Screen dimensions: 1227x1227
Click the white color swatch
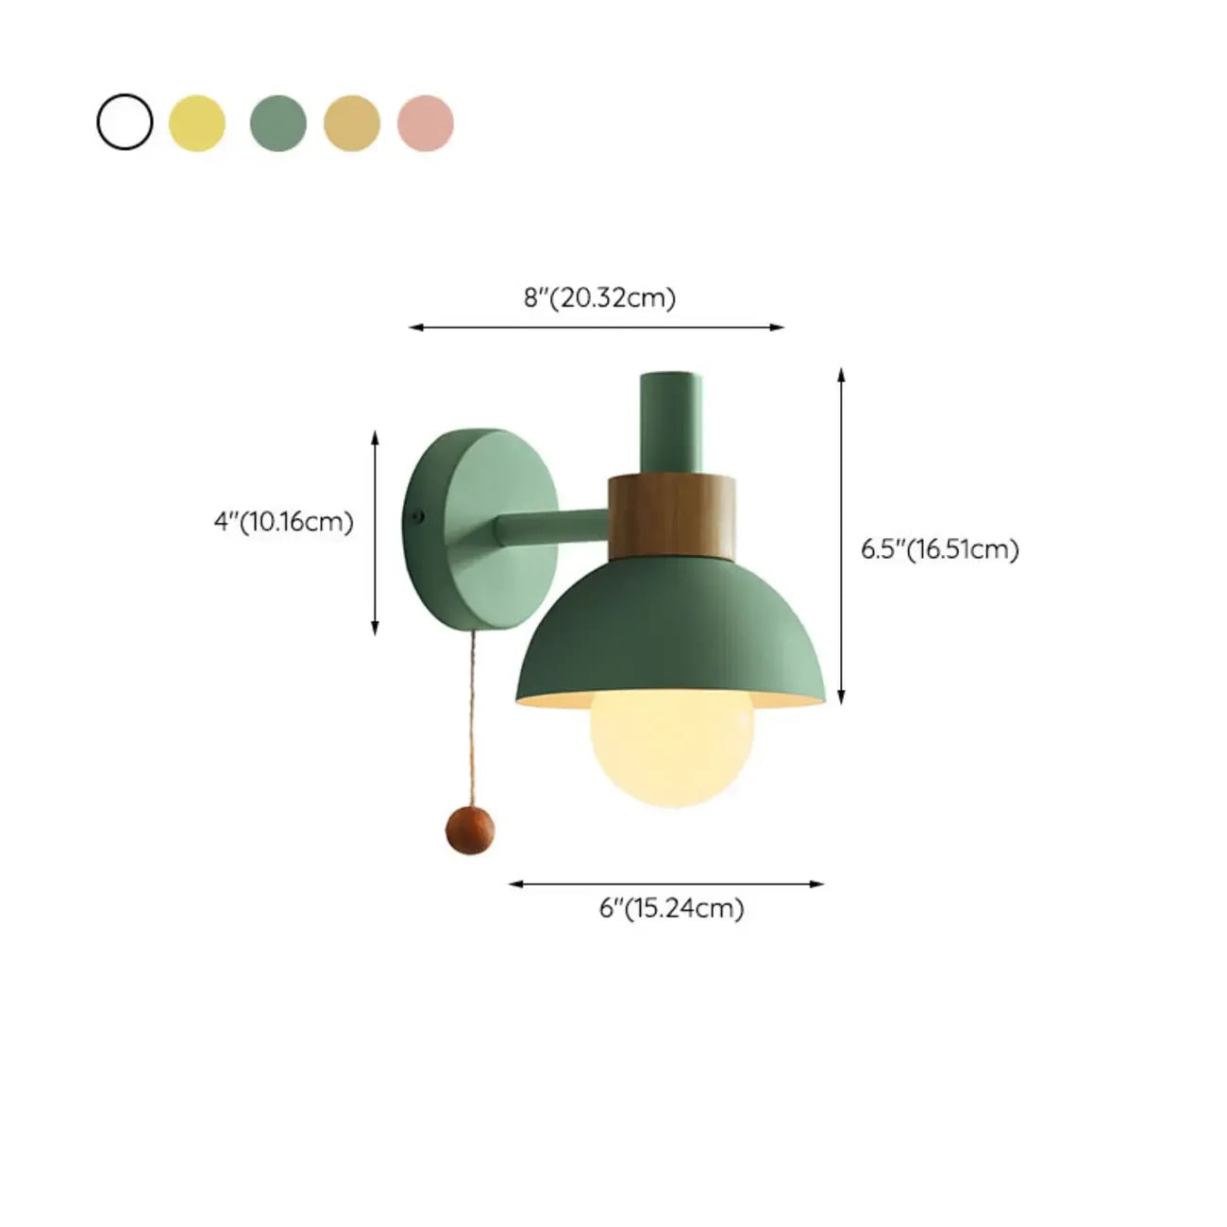[125, 123]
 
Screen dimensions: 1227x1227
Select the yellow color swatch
[197, 123]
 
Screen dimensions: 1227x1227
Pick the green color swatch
[278, 123]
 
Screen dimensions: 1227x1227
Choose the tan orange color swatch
[352, 123]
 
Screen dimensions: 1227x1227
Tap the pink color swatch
[426, 123]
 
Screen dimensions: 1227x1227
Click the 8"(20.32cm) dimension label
[600, 298]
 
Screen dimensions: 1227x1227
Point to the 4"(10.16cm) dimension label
[284, 521]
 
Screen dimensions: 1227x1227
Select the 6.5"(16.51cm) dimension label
[939, 549]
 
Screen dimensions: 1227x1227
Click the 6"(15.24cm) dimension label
[672, 908]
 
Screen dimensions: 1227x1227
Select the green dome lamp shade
[671, 632]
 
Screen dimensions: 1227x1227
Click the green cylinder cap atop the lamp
[670, 420]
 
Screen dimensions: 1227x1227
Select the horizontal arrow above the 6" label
[666, 884]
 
